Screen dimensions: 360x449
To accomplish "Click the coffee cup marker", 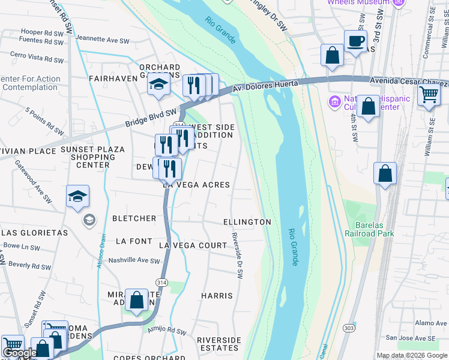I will [x=355, y=42].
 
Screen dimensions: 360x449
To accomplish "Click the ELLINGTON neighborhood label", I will [x=247, y=222].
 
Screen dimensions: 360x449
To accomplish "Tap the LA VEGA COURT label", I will [x=193, y=246].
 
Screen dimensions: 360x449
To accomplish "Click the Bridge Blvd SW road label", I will [x=151, y=117].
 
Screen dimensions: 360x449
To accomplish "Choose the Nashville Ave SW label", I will [x=134, y=261].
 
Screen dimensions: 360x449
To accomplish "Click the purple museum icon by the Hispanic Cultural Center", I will [x=334, y=103].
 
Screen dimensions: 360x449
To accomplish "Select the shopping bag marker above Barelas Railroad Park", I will [x=385, y=173].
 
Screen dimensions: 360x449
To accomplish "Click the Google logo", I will [x=20, y=353].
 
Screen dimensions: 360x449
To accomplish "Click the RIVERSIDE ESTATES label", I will [x=218, y=344].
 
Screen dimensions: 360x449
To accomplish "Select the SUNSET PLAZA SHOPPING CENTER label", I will [x=93, y=157].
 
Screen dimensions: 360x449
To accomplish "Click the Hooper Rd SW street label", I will [x=40, y=32].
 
